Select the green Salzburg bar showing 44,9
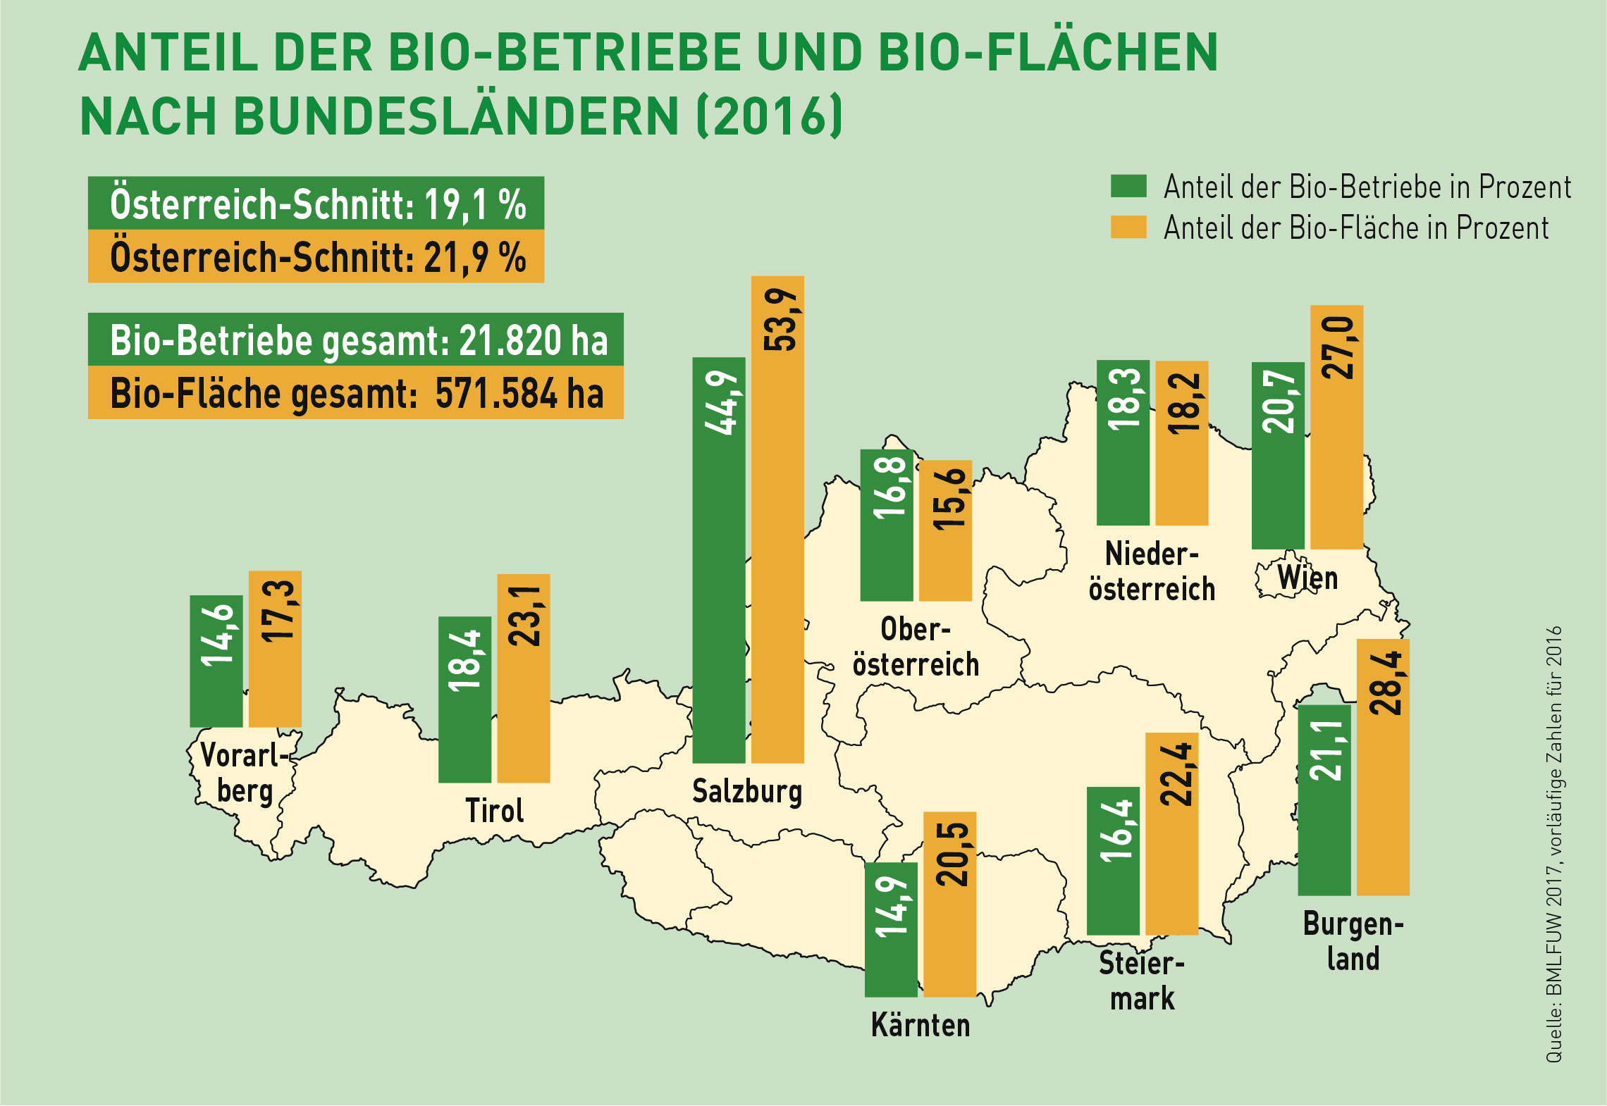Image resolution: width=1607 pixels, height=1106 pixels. [719, 560]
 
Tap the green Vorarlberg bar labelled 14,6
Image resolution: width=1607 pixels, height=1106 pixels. [216, 661]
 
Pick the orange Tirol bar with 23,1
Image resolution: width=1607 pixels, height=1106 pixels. [523, 678]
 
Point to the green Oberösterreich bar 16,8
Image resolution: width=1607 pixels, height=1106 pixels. [887, 525]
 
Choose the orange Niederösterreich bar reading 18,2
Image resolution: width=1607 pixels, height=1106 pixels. [1182, 442]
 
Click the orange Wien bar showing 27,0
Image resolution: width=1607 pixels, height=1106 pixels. [1336, 427]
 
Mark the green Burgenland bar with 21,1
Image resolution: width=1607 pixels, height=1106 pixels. [1324, 800]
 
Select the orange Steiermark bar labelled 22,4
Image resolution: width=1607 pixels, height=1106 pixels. [1171, 833]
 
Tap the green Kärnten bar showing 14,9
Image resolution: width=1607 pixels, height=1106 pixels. [891, 929]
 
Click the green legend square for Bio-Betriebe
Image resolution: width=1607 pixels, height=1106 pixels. [1128, 187]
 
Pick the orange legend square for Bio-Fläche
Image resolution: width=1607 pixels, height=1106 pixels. [1128, 228]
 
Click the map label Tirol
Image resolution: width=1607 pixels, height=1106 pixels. [494, 811]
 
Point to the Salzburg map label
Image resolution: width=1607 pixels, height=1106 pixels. [747, 791]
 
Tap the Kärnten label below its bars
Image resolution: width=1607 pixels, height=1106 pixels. [921, 1025]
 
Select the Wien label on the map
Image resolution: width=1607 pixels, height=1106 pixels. [1307, 578]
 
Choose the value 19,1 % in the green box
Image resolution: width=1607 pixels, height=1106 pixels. [474, 204]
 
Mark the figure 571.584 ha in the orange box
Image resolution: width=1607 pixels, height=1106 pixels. [519, 393]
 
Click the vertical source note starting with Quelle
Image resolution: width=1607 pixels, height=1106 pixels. [1553, 844]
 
